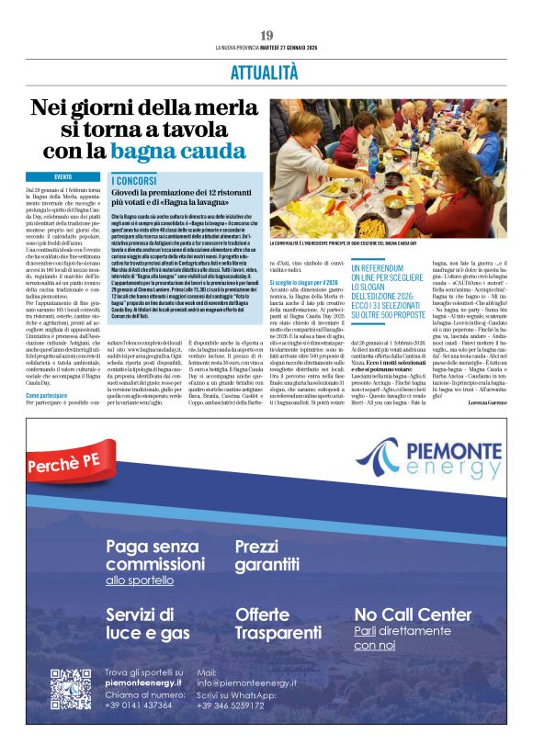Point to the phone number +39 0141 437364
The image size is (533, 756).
point(138,705)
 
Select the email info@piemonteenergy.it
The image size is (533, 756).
point(246,683)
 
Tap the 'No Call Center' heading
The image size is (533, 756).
point(413,614)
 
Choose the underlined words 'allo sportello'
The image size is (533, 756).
point(140,581)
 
